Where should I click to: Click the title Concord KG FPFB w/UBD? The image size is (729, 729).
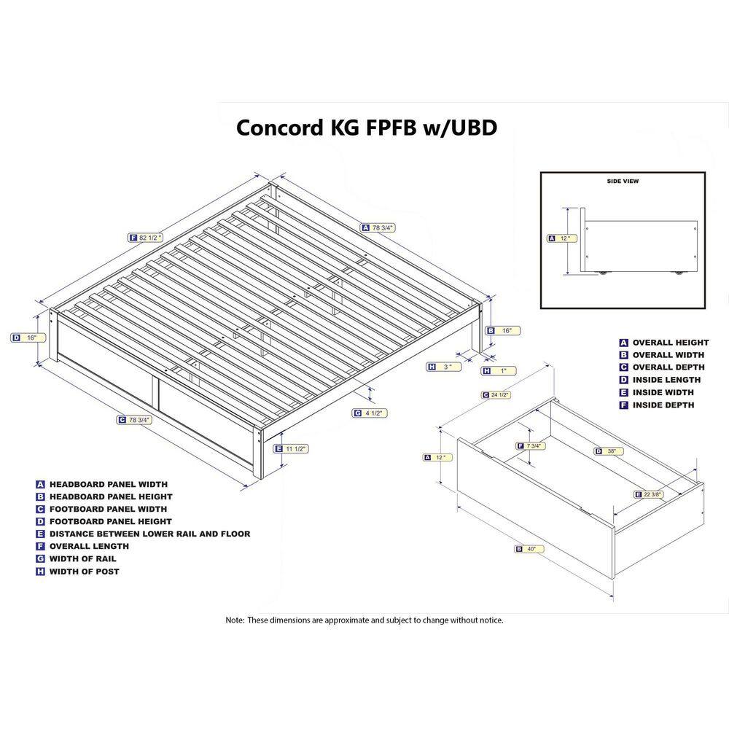coord(367,128)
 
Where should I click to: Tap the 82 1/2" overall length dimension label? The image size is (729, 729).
coord(146,237)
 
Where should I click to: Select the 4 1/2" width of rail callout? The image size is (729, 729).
coord(370,413)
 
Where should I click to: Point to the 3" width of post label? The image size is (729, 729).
coord(444,367)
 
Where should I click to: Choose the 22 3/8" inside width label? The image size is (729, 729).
coord(650,494)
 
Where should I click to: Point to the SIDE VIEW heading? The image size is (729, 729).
coord(623,182)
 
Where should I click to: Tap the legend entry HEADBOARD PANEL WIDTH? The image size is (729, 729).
coord(108,484)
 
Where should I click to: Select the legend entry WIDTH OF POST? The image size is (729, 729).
coord(84,572)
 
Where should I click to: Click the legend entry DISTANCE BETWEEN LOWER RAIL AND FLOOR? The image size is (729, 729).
coord(149,534)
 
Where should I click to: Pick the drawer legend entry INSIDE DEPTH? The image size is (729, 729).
coord(663,405)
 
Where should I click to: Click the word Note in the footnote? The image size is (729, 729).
coord(234,620)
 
